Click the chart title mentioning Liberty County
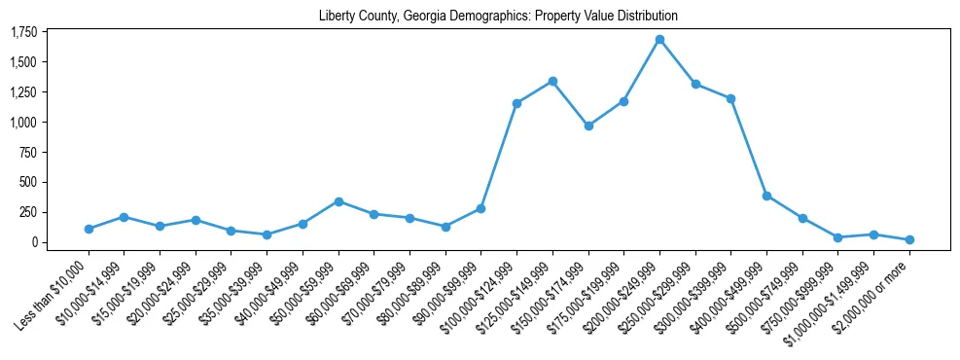click(x=498, y=16)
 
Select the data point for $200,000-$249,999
click(x=659, y=40)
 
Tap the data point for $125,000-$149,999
click(x=552, y=81)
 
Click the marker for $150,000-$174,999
click(x=588, y=126)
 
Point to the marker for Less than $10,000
click(x=89, y=229)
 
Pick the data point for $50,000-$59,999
click(x=338, y=201)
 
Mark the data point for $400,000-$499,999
click(x=766, y=196)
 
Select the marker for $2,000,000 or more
click(x=909, y=239)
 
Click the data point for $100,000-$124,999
click(x=516, y=103)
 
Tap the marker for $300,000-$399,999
click(x=730, y=98)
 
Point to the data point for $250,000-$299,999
click(x=695, y=84)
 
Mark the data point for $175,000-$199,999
click(x=623, y=101)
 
